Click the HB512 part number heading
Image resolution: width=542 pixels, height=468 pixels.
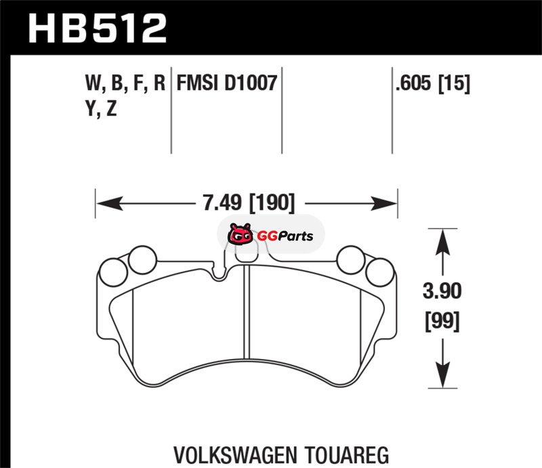coord(98,28)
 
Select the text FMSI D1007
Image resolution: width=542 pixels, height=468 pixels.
coord(227,83)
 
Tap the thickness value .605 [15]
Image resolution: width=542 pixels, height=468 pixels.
coord(433,83)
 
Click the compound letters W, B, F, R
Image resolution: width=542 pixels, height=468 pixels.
coord(125,83)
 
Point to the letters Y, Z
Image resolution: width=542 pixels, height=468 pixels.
coord(101,108)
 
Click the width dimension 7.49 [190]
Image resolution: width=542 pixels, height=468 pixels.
coord(249,203)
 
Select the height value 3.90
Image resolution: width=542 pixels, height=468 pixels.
coord(442,291)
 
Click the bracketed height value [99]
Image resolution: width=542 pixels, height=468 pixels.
coord(442,322)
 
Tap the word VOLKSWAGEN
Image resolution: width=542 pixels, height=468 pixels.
coord(235,455)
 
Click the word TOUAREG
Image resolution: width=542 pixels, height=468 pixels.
coord(347,455)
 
